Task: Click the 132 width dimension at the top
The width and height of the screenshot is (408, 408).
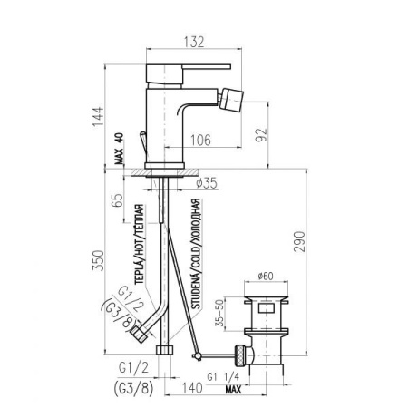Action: click(194, 42)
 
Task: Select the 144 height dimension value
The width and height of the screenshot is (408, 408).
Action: click(98, 117)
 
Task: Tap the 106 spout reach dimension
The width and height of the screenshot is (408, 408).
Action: click(200, 141)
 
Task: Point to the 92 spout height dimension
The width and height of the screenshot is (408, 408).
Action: click(262, 135)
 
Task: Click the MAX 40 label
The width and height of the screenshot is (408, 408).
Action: click(120, 149)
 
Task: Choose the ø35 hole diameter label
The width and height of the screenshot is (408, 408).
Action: click(207, 183)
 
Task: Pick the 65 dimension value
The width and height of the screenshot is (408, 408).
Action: click(118, 199)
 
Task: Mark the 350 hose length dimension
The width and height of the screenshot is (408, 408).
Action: click(98, 260)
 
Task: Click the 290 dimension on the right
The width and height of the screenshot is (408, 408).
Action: click(299, 241)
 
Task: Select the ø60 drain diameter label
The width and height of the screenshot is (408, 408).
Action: click(266, 276)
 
